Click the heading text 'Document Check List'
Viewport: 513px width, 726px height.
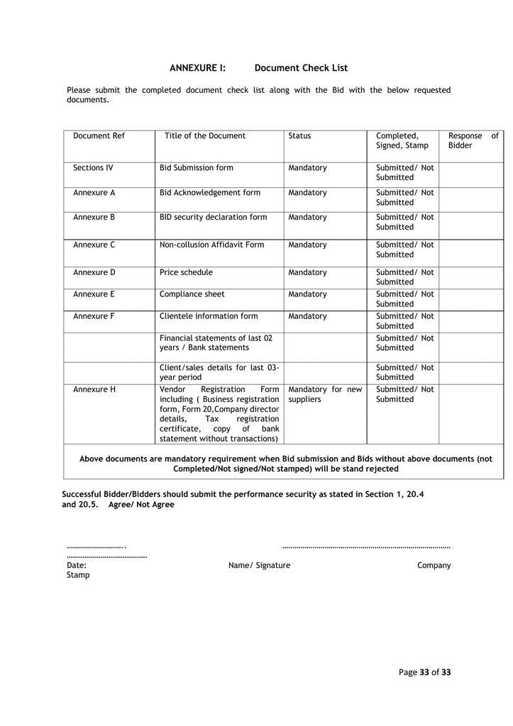(301, 68)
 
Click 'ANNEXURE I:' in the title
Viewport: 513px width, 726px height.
(197, 68)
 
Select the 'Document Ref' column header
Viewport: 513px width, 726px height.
(99, 136)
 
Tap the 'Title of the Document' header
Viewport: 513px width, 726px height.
(205, 136)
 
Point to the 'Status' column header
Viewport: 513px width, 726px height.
(299, 136)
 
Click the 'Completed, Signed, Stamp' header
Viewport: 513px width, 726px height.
(402, 140)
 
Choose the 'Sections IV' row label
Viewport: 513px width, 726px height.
(93, 168)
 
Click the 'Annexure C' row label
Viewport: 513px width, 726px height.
(94, 245)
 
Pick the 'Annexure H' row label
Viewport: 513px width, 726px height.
(94, 389)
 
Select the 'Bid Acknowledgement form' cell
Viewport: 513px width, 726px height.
(210, 193)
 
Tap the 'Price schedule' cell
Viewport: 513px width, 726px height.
(186, 272)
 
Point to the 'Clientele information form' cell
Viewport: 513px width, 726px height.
(209, 316)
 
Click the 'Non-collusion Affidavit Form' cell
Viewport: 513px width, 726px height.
(211, 245)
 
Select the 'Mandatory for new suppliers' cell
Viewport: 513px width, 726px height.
(325, 394)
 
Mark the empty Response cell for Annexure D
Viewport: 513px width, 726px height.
(470, 277)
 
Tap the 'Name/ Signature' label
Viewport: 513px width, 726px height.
(259, 566)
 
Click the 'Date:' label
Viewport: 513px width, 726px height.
(77, 566)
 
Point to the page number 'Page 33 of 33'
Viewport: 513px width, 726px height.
(424, 672)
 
